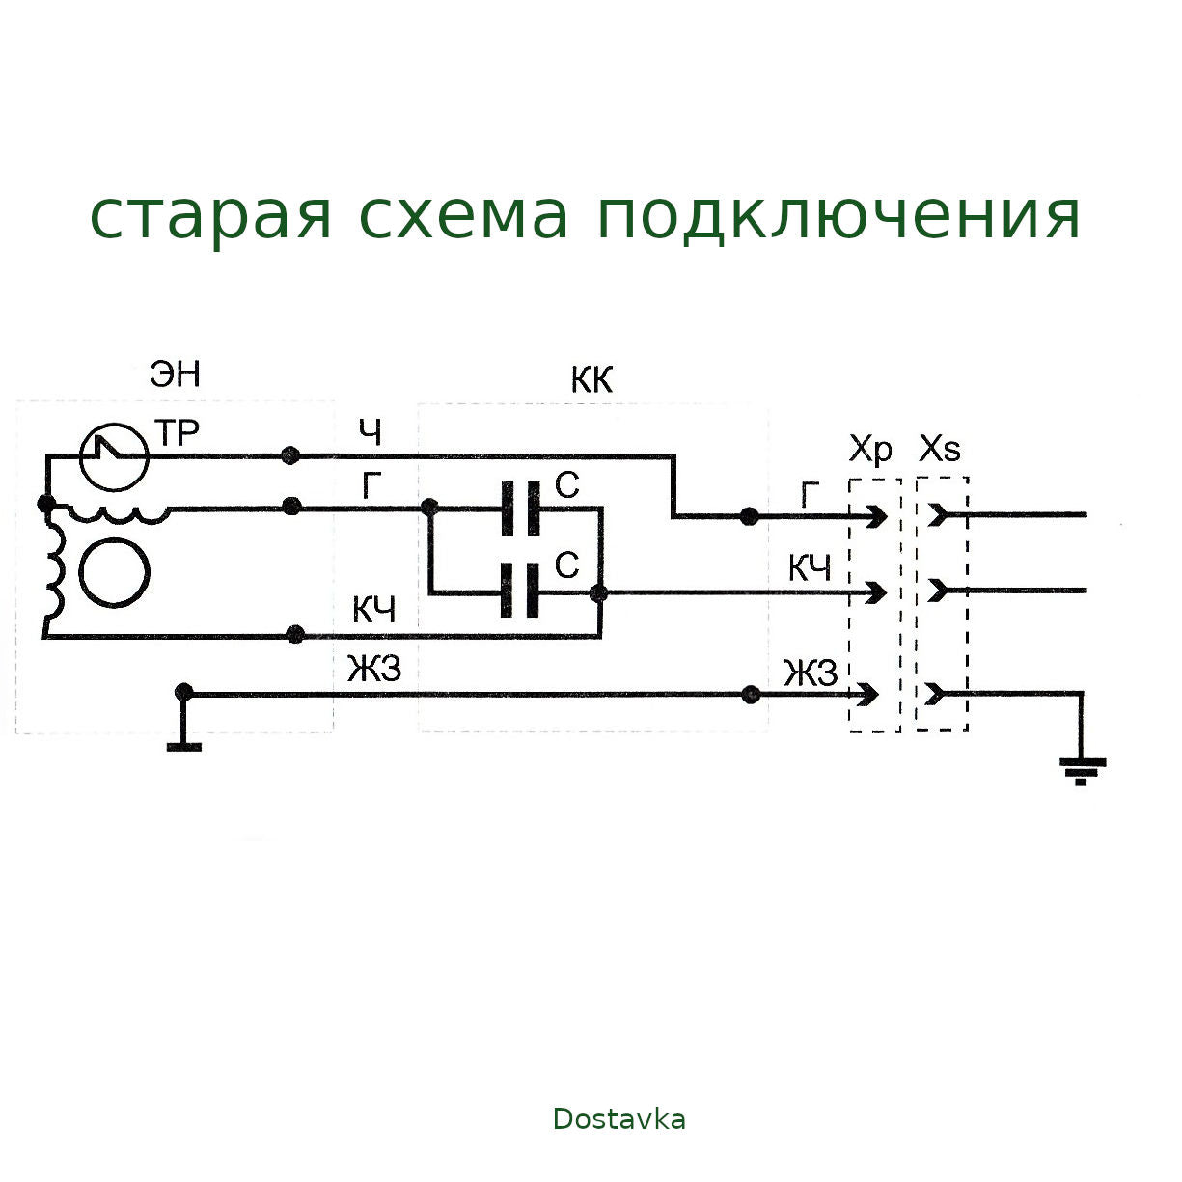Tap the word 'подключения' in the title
click(838, 216)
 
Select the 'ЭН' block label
click(176, 373)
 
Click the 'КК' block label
click(591, 380)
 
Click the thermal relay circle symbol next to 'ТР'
click(114, 456)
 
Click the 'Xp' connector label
click(870, 449)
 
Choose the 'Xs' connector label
click(940, 449)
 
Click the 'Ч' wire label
click(371, 433)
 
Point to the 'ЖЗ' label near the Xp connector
click(810, 673)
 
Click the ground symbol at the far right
click(1082, 769)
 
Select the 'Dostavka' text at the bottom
click(618, 1119)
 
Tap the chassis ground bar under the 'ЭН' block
click(183, 744)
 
